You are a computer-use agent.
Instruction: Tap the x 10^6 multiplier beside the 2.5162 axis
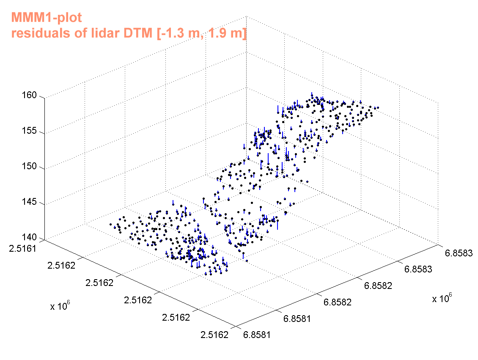[x=60, y=306]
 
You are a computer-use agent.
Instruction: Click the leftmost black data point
[x=110, y=224]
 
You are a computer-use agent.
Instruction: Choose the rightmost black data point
[x=378, y=107]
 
